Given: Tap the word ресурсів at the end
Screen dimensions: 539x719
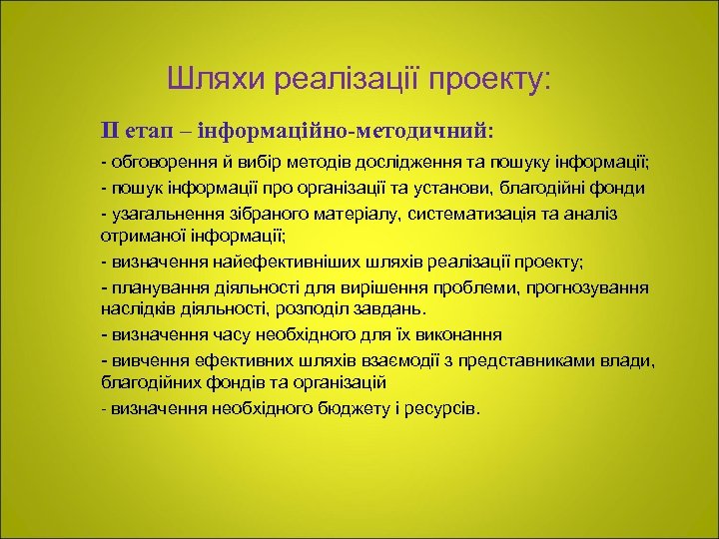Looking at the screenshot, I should (445, 408).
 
